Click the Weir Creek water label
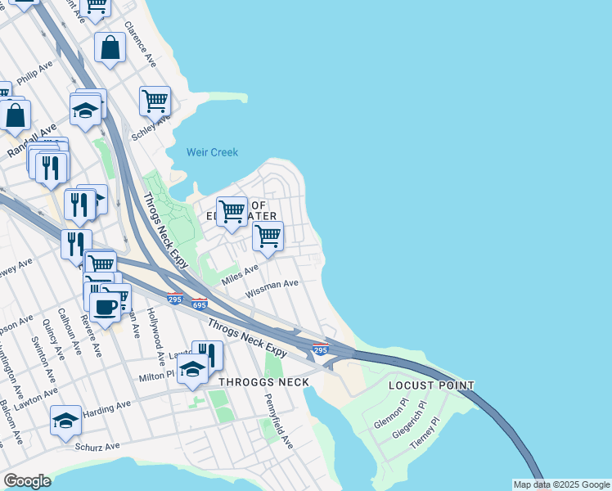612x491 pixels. click(212, 152)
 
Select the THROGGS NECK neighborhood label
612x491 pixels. click(263, 382)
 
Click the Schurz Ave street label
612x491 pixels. click(97, 447)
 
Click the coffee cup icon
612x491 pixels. click(104, 307)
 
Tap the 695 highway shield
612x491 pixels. click(200, 304)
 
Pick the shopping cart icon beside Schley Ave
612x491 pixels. click(155, 101)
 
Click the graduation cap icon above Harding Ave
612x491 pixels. click(65, 421)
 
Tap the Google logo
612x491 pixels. click(27, 481)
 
